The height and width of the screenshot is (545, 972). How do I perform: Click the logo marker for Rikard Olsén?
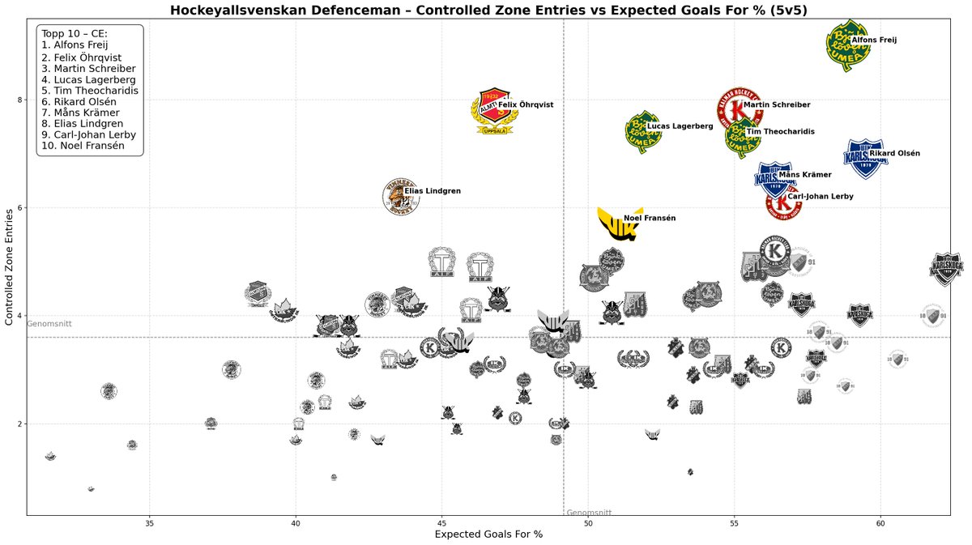(865, 157)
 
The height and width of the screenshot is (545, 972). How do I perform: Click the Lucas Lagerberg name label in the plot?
(680, 126)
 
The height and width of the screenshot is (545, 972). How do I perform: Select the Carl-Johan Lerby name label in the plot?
(820, 197)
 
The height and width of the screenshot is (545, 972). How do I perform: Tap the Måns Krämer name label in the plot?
(804, 175)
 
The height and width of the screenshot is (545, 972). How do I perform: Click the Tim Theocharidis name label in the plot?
(780, 131)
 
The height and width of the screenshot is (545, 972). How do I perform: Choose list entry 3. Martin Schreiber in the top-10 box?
(88, 69)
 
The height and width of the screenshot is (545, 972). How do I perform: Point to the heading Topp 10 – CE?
(75, 33)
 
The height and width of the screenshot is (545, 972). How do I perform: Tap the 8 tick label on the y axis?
(19, 100)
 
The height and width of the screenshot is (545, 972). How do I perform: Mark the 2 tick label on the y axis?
(19, 424)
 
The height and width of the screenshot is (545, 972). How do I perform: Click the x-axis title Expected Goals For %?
(488, 534)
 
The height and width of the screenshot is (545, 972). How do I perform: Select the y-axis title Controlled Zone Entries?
(10, 265)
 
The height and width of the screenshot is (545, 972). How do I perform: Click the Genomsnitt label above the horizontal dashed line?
(49, 324)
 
